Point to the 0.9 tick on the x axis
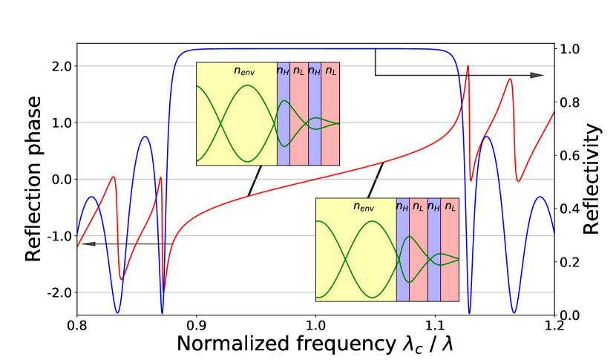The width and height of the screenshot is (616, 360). pyautogui.click(x=196, y=325)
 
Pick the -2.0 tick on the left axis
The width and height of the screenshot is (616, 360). pyautogui.click(x=58, y=292)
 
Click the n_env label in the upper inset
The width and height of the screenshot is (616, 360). pyautogui.click(x=244, y=71)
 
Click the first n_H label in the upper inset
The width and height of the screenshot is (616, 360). pyautogui.click(x=283, y=71)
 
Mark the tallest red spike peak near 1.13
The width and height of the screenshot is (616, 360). pyautogui.click(x=468, y=67)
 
